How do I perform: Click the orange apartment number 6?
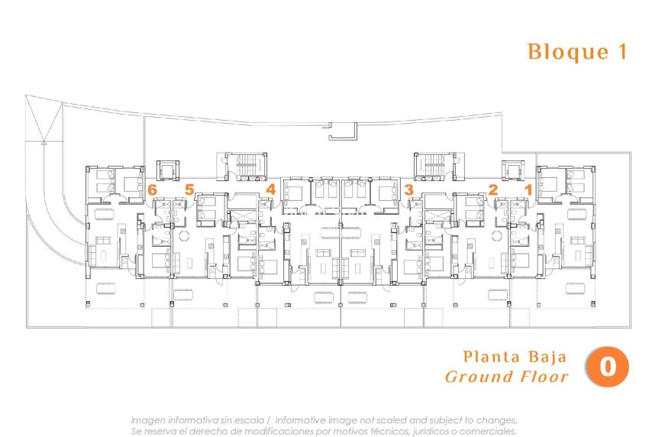(153, 189)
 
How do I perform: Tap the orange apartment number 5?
(189, 189)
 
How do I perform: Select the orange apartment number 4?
(270, 189)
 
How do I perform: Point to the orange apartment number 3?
(408, 189)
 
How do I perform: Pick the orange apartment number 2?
(492, 189)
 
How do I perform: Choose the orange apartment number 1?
(528, 189)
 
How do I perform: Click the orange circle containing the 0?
(608, 367)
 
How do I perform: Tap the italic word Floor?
(544, 377)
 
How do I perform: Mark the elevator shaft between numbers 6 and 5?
(167, 170)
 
